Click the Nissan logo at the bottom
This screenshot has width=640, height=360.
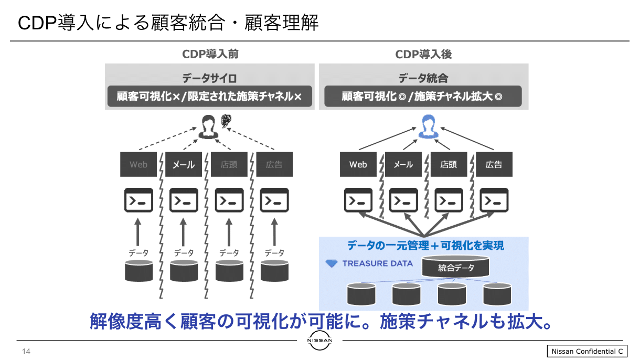pos(319,341)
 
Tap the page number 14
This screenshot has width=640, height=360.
pos(26,351)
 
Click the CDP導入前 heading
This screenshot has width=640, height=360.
pos(210,54)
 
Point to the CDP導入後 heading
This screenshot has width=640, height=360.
pos(423,54)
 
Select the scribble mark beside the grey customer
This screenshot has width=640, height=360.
pos(226,121)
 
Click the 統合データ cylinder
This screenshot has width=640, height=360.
pos(456,267)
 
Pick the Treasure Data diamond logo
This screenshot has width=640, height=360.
pos(332,263)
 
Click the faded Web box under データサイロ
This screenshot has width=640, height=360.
pos(138,164)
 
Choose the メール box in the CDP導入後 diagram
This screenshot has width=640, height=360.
pos(403,164)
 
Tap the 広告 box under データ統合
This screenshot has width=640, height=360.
pos(494,164)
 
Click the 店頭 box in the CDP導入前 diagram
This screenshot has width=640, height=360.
pos(229,164)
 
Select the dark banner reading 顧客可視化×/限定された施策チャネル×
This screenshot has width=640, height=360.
pos(210,97)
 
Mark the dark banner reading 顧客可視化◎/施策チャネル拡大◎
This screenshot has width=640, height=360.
pos(423,97)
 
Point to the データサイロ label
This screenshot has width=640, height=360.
pos(210,78)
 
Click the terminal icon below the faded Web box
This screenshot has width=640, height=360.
pos(138,200)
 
